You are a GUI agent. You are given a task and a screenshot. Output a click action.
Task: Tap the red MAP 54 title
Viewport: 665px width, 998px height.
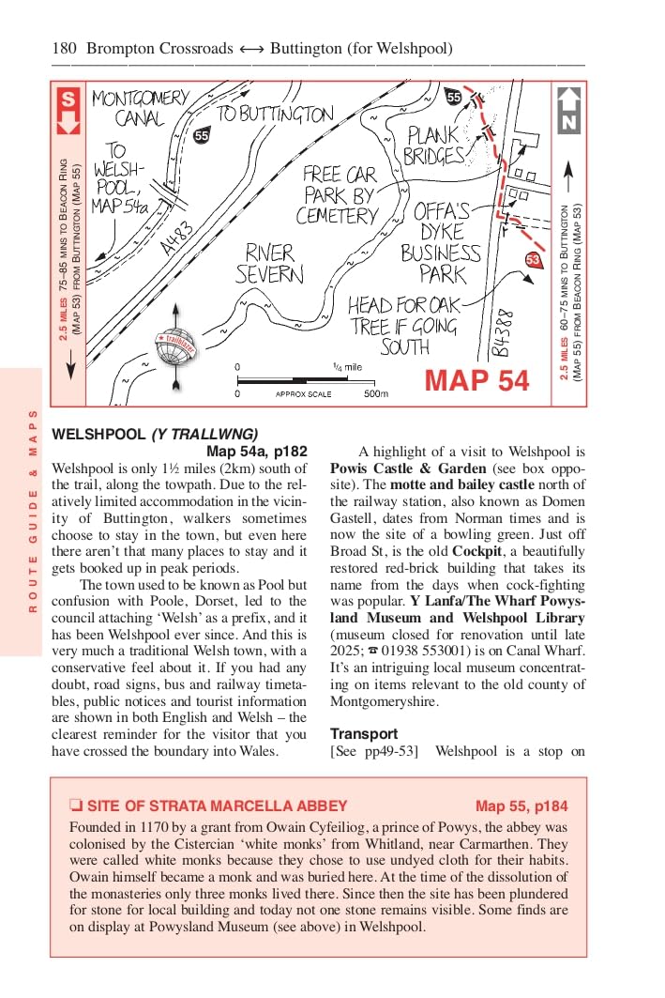[x=476, y=380]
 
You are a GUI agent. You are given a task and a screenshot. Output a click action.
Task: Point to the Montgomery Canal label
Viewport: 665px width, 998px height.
[x=140, y=108]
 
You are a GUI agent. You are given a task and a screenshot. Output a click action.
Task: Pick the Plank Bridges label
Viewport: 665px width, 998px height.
[x=434, y=146]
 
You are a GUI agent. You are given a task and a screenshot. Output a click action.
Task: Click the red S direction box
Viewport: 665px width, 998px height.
[x=68, y=111]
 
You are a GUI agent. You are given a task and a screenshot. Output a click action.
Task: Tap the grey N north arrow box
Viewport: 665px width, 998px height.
[x=568, y=110]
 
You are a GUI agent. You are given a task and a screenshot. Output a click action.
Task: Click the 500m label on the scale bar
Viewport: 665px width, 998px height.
[x=375, y=394]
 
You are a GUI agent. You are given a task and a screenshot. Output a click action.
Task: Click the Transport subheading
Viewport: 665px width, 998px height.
[x=364, y=733]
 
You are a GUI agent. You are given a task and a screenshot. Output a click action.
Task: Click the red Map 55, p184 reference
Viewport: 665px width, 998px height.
[x=521, y=806]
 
